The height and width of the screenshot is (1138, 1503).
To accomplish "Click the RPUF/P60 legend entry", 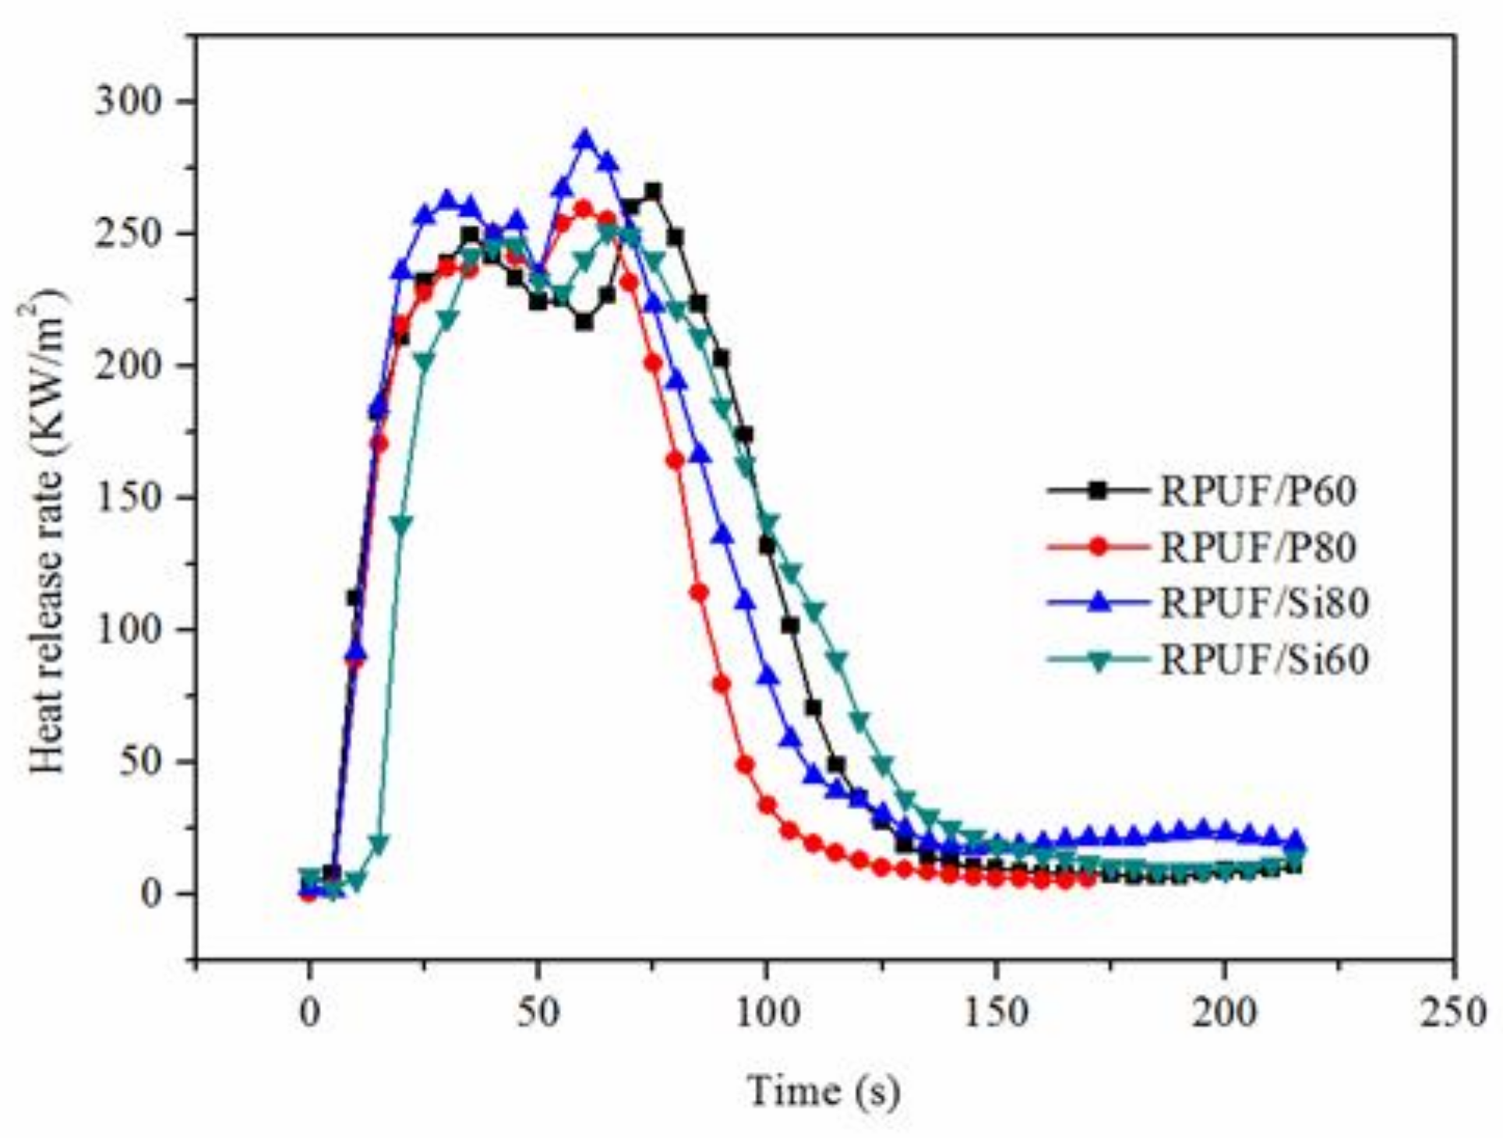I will pos(1258,491).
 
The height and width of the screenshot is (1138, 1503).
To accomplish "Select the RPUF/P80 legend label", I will pos(1258,547).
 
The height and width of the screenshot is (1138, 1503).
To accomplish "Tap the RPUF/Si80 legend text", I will pos(1264,603).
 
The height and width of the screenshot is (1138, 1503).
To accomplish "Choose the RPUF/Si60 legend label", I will pos(1264,660).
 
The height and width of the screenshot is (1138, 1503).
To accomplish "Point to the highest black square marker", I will pos(653,191).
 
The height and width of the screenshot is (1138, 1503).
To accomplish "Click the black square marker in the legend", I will pos(1098,491).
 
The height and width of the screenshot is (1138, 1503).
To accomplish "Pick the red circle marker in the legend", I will pos(1098,547).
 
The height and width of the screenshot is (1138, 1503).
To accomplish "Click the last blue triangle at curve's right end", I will pos(1294,840).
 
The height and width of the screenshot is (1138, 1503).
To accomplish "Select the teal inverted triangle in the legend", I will pos(1098,661).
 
